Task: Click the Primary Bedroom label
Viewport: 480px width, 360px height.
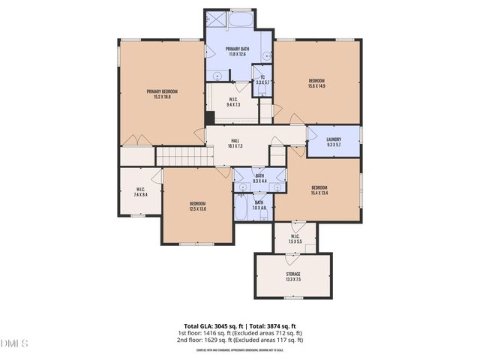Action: pos(162,91)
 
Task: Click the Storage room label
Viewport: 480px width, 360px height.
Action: pos(293,274)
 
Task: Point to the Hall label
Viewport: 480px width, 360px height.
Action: pos(235,141)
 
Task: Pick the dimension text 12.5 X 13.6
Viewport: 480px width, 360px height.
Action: pos(198,209)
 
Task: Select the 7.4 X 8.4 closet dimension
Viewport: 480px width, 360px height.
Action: pos(140,194)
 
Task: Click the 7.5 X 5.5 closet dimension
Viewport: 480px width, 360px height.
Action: pos(295,241)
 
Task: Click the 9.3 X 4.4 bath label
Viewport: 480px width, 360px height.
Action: pos(259,178)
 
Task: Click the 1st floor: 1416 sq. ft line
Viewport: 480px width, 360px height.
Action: pos(240,333)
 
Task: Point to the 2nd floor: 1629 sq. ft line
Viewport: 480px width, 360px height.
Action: pos(240,340)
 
